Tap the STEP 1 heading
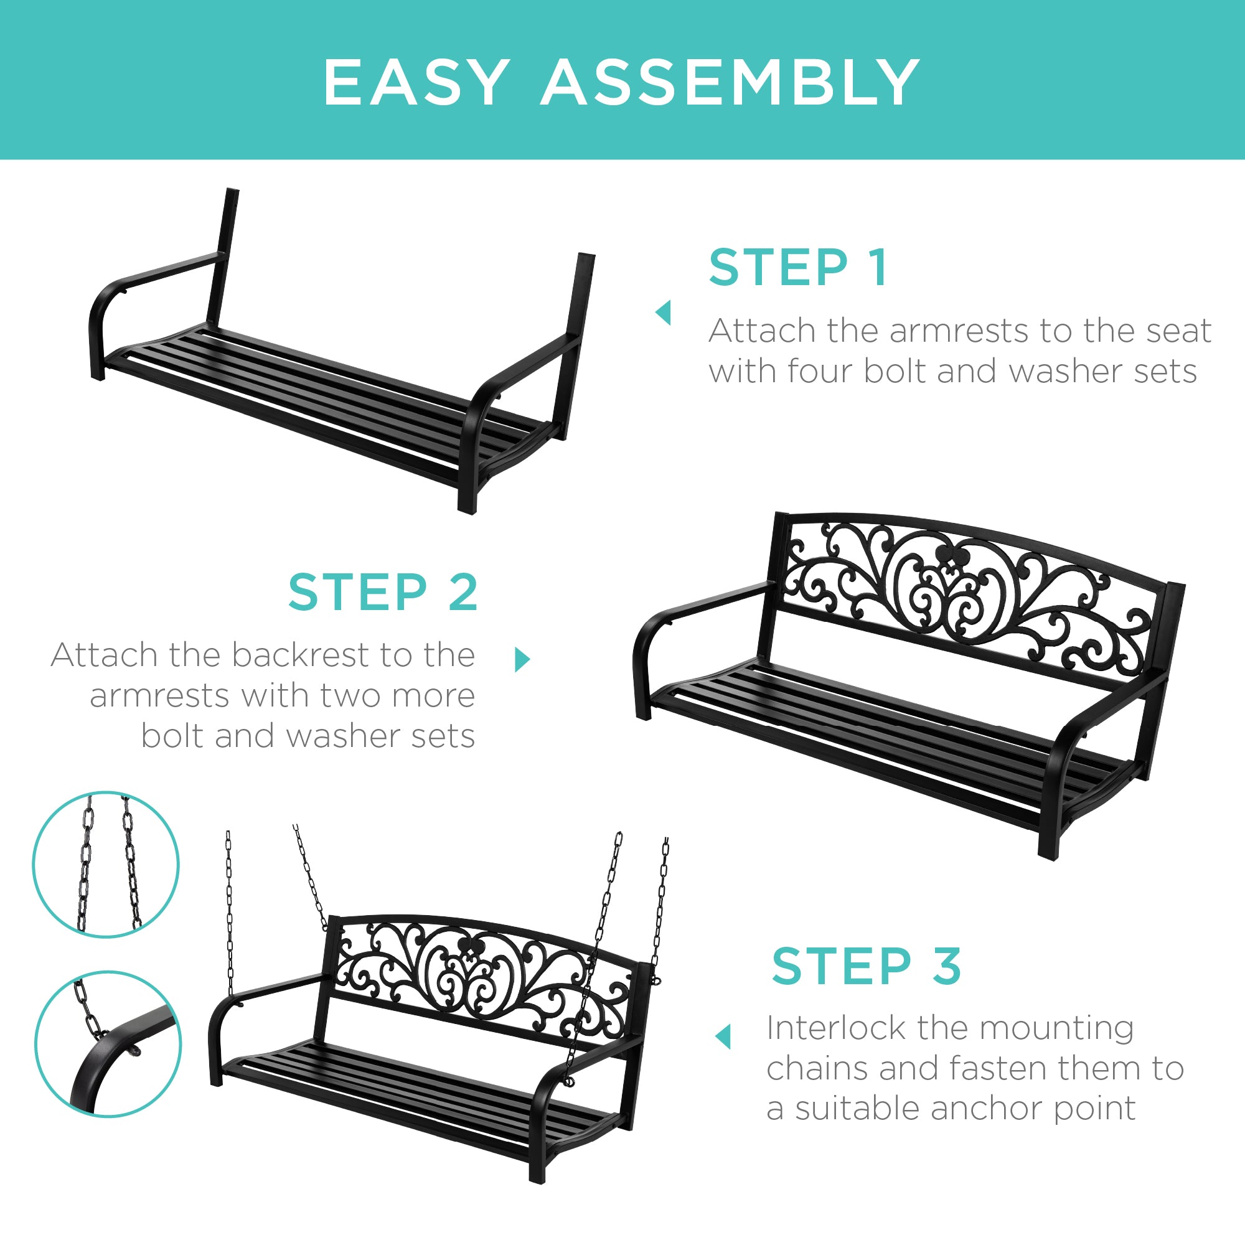click(799, 268)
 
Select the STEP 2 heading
click(383, 592)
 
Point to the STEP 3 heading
click(866, 967)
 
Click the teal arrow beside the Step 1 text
click(663, 313)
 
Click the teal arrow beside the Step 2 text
click(523, 659)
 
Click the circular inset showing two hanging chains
click(106, 864)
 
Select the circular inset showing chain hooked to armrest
click(108, 1044)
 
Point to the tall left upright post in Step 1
click(223, 258)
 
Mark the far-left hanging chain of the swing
click(230, 915)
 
